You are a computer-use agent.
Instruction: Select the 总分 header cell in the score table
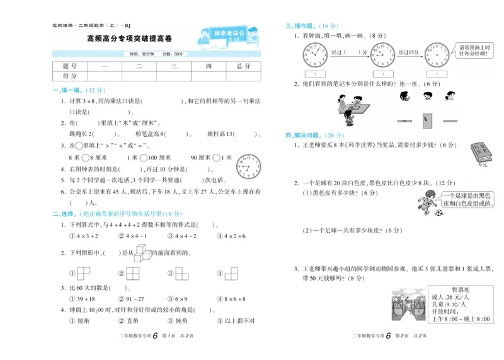pyautogui.click(x=243, y=66)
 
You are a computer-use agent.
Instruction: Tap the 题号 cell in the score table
pyautogui.click(x=70, y=66)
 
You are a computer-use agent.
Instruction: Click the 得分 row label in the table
pyautogui.click(x=70, y=76)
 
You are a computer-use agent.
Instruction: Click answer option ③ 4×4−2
pyautogui.click(x=183, y=236)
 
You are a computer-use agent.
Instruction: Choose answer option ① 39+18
pyautogui.click(x=82, y=299)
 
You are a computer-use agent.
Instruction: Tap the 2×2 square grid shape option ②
pyautogui.click(x=133, y=274)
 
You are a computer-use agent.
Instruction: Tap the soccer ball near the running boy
pyautogui.click(x=439, y=213)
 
